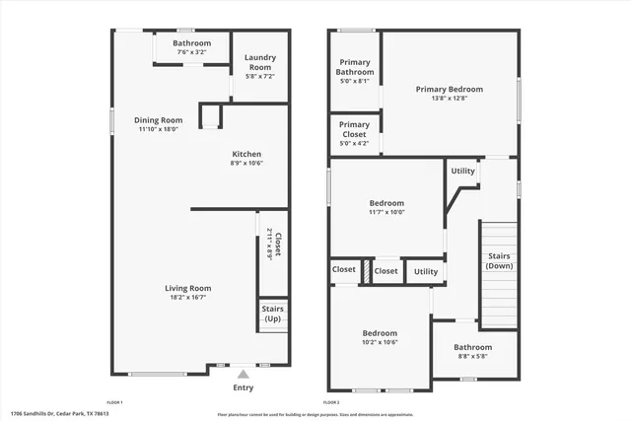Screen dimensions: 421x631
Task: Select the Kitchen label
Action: tap(246, 154)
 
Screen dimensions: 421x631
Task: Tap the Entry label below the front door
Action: tap(243, 387)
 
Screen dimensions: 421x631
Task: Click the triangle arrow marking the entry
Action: tap(243, 375)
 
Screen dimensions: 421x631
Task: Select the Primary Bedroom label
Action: tap(449, 89)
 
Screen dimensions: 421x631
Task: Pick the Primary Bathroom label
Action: tap(355, 67)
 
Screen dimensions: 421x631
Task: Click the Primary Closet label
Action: tap(354, 129)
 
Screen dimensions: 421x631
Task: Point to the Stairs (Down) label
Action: tap(499, 260)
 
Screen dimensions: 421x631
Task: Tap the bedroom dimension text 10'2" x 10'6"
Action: tap(380, 343)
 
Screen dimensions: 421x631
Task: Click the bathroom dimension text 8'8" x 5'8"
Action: tap(473, 357)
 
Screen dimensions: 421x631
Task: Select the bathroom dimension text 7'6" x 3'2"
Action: tap(192, 53)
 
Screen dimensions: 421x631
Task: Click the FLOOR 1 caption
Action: tap(114, 402)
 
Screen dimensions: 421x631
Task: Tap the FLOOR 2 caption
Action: tap(331, 402)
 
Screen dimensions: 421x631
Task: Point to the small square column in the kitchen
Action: tap(209, 118)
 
